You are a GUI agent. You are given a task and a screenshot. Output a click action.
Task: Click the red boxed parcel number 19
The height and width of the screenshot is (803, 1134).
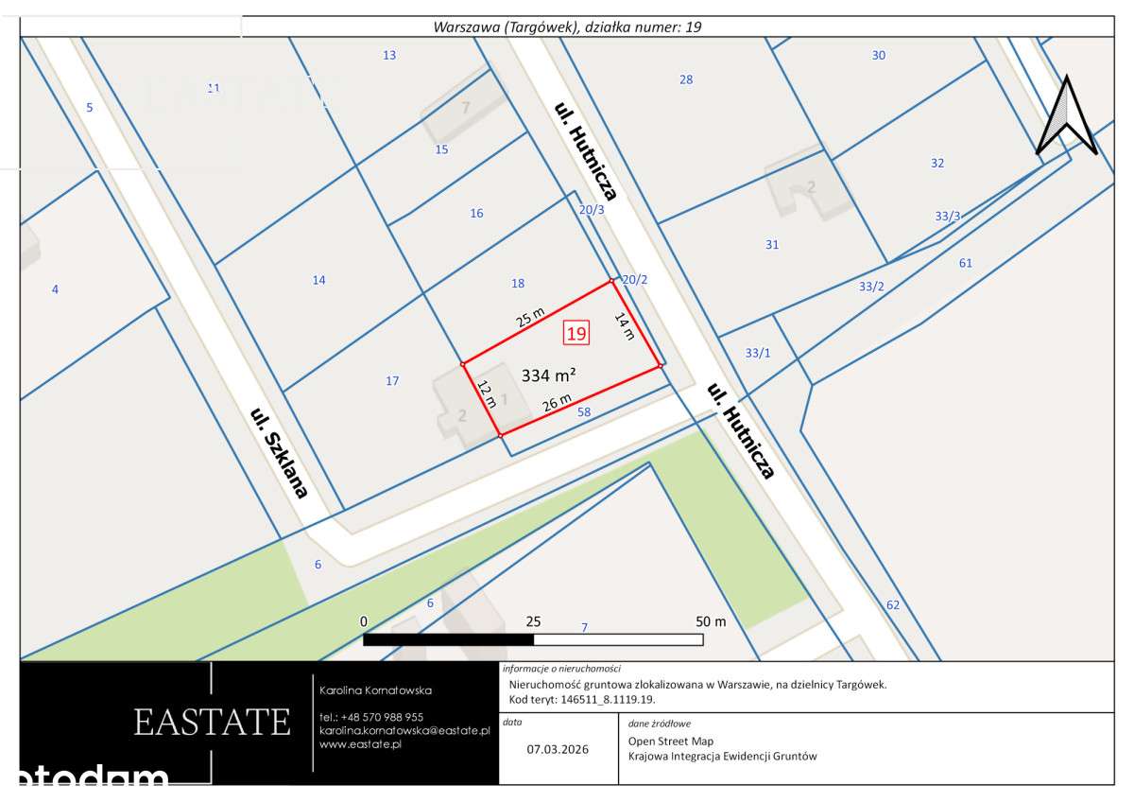point(576,333)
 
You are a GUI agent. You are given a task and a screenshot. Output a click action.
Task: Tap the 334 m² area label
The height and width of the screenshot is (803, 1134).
point(549,375)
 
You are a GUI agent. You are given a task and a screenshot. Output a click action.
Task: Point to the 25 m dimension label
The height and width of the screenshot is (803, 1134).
point(530,316)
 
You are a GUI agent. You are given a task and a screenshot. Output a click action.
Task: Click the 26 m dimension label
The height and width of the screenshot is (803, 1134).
point(557,403)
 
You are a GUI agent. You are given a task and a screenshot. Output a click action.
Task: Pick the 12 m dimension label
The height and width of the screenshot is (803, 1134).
point(487,393)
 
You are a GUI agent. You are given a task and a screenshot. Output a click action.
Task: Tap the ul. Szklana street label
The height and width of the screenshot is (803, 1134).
point(279,453)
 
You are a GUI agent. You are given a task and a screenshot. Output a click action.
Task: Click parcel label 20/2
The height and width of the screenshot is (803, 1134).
point(634,280)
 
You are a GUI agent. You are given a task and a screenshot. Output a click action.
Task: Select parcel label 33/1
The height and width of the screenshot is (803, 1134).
point(758,353)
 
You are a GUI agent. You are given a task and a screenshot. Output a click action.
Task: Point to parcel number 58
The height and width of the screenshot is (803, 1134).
point(583,411)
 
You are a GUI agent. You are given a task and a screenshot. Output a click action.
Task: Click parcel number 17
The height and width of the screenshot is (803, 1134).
point(392,381)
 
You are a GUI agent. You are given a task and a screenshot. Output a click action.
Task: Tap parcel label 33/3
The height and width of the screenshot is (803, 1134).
point(948,217)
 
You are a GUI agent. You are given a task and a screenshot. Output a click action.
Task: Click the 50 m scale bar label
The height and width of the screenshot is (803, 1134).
point(711,621)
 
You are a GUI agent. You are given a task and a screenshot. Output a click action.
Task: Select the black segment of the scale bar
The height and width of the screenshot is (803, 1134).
point(449,639)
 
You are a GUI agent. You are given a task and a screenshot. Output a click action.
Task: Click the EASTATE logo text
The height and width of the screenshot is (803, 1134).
point(212,722)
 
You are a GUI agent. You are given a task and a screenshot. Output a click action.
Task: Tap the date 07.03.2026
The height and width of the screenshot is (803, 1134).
point(558,749)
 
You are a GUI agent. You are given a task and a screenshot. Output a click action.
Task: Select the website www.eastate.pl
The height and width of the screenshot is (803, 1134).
point(361,744)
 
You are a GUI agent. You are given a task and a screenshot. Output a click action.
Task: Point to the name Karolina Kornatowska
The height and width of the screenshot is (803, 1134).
point(376,690)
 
